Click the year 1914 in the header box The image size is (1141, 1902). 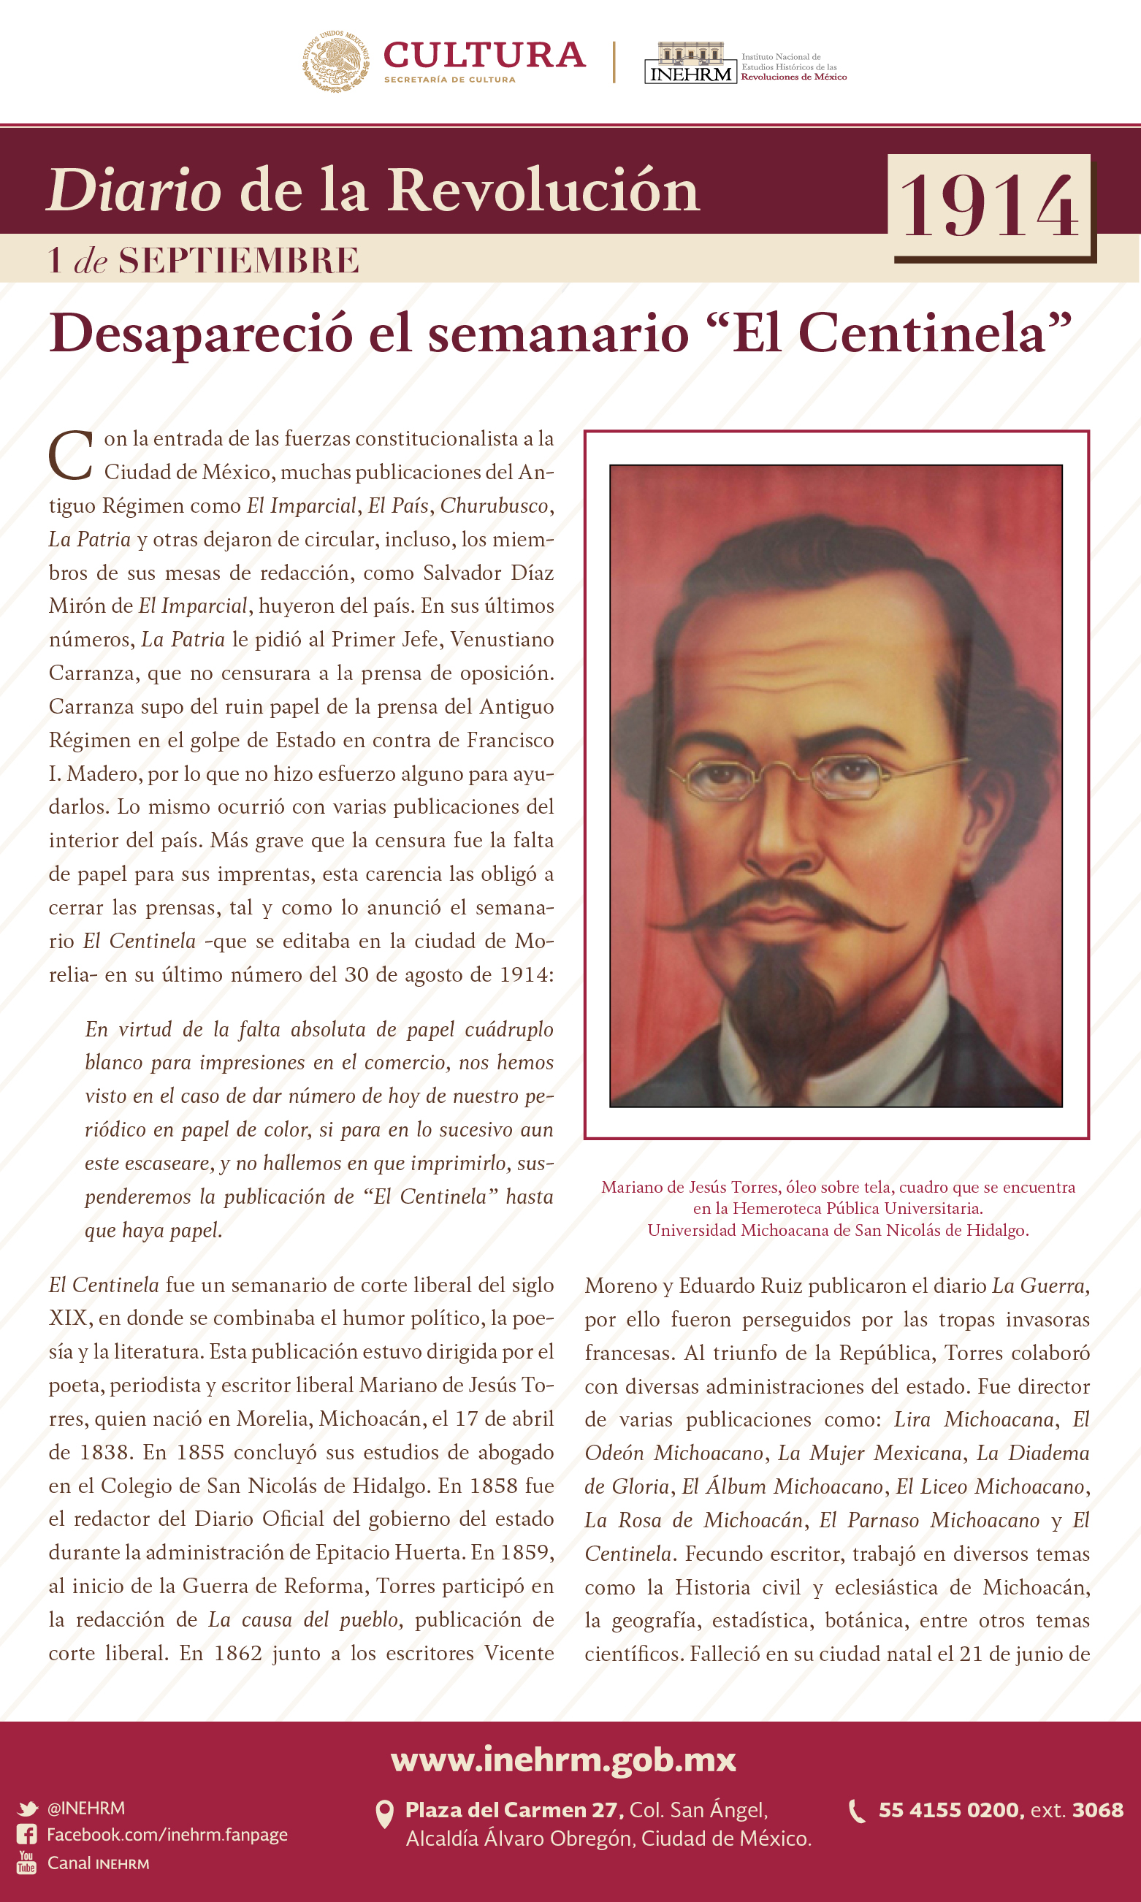[990, 206]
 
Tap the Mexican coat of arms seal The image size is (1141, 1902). [335, 61]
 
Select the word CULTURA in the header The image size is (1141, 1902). [484, 56]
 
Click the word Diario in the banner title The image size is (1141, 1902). [134, 190]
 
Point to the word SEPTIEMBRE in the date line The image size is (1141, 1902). [238, 261]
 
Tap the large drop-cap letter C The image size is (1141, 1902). [71, 455]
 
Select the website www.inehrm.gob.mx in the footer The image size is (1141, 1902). [564, 1758]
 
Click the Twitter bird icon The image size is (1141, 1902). [28, 1809]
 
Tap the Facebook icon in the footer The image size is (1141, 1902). [27, 1834]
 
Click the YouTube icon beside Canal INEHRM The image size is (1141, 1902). [27, 1862]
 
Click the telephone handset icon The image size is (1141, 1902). [856, 1811]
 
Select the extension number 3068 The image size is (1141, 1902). [1097, 1810]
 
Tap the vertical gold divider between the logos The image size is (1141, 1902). [614, 61]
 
